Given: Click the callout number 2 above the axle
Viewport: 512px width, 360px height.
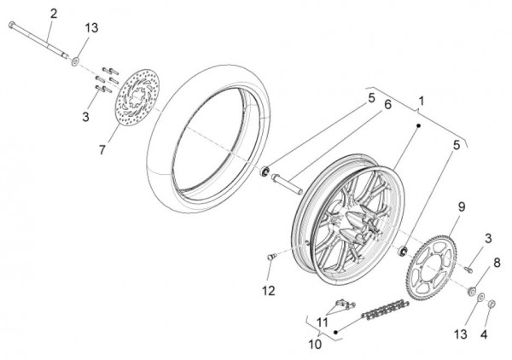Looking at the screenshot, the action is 54,14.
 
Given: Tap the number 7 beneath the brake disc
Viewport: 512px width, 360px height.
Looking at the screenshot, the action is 102,150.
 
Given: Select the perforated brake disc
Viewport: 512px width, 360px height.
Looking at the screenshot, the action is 137,97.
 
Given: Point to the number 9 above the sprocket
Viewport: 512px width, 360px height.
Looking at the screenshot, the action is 461,206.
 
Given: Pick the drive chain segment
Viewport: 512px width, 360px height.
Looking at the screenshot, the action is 386,310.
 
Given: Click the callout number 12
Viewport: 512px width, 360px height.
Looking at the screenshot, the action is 269,291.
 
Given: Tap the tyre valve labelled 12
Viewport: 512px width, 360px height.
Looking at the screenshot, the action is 271,257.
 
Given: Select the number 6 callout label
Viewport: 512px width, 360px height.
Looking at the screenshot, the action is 387,105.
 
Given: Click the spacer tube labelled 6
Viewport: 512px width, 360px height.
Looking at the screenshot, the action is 287,184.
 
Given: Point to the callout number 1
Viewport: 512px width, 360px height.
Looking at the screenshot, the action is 422,101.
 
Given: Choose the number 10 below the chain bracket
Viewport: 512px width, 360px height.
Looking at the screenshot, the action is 315,345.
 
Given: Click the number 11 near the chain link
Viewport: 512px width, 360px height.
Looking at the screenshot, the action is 322,322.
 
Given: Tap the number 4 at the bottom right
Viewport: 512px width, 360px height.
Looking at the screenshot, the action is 484,334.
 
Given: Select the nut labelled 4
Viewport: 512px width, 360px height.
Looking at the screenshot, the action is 492,304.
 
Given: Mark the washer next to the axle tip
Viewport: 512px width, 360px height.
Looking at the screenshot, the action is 76,61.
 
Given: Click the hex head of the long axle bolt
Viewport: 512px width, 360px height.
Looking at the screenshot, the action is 12,24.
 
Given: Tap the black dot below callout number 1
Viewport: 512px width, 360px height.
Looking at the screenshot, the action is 418,125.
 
